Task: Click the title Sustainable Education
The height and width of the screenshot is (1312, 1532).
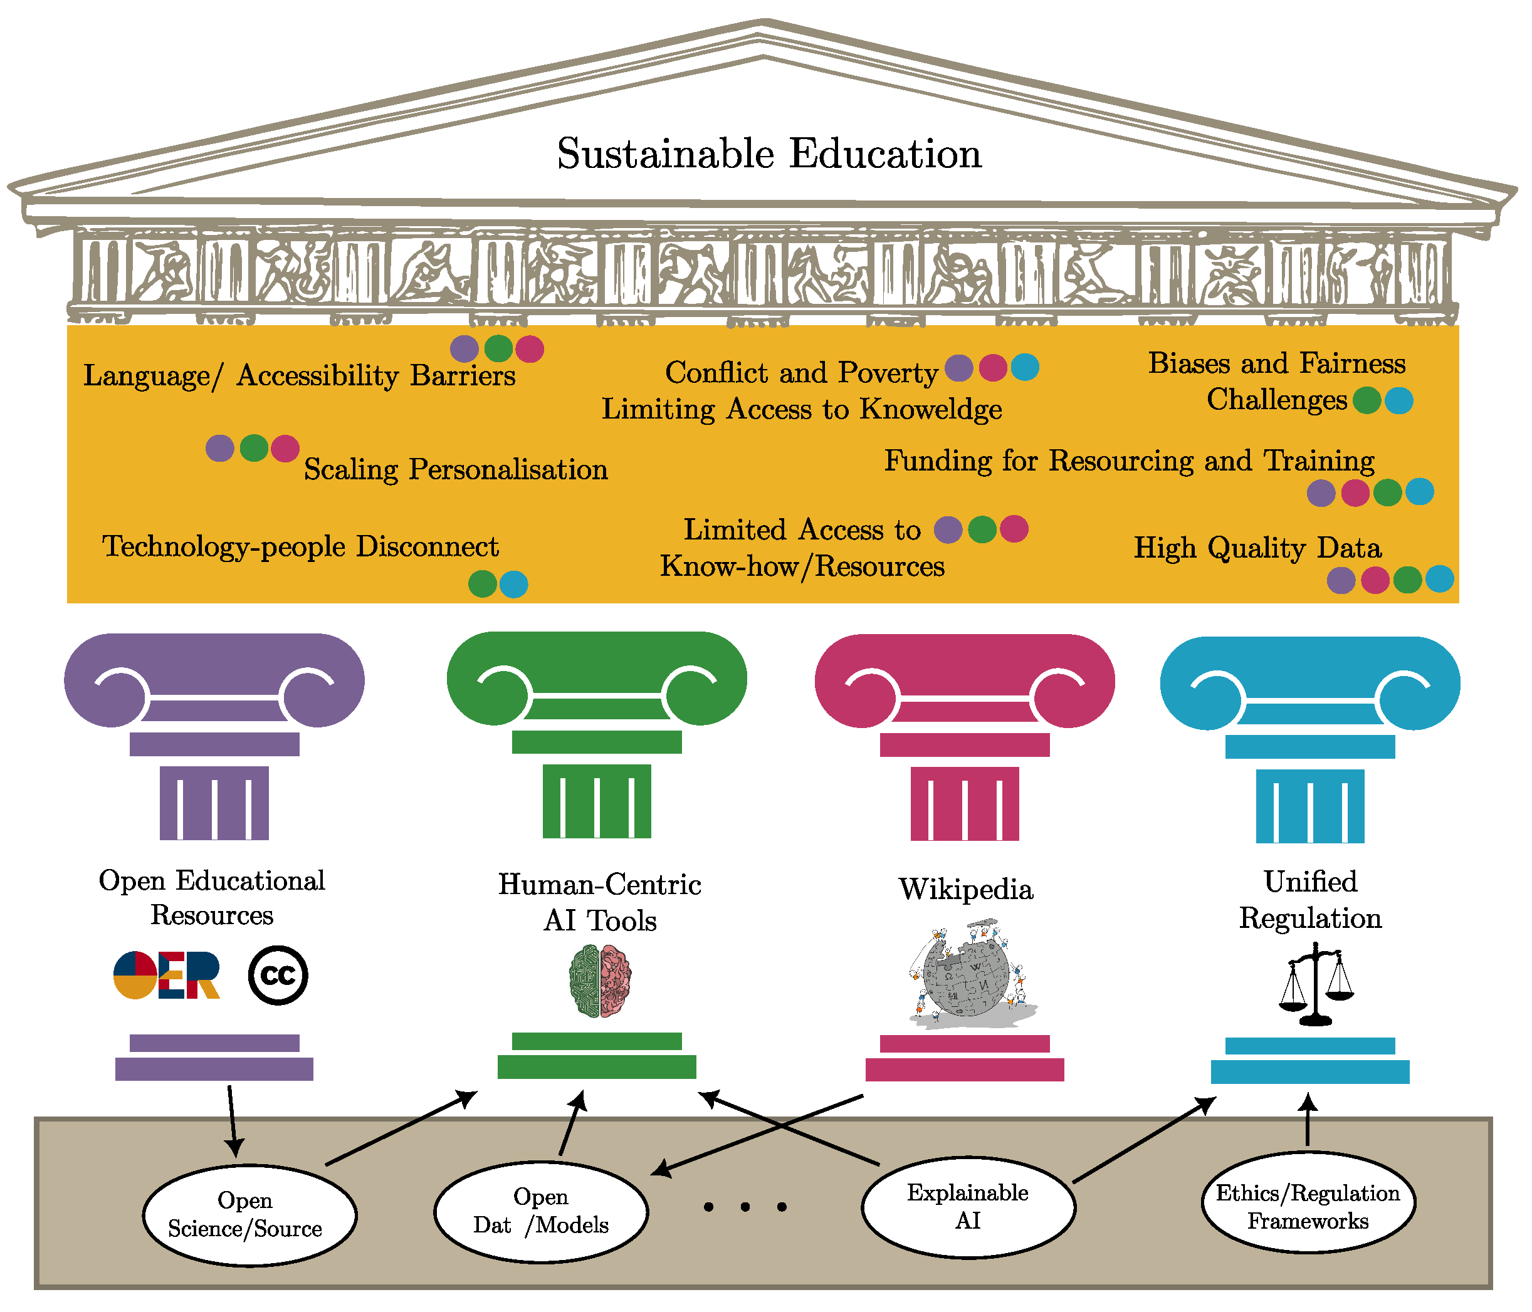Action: (769, 154)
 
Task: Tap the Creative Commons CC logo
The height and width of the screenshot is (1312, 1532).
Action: (278, 975)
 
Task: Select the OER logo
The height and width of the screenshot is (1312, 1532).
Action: (167, 975)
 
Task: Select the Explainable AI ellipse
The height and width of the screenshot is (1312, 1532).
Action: (968, 1207)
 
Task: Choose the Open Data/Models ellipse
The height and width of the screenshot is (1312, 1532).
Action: (540, 1212)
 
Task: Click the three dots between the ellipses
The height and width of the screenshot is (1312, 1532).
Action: (745, 1207)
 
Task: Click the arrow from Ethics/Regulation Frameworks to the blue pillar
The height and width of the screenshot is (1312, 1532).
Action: (1308, 1120)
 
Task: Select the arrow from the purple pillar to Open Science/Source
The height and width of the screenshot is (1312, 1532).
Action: (232, 1120)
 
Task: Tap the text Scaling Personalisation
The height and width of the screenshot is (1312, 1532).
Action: (456, 469)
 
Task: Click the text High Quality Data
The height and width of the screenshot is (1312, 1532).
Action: (1257, 548)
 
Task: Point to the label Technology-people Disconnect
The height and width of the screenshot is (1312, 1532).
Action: (300, 546)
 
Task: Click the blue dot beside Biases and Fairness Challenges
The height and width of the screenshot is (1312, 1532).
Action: (1399, 400)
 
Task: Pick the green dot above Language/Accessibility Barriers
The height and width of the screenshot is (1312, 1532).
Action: (498, 348)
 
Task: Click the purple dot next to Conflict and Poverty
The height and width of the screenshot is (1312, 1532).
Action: (959, 367)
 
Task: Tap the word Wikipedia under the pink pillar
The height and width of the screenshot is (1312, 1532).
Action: (965, 888)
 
